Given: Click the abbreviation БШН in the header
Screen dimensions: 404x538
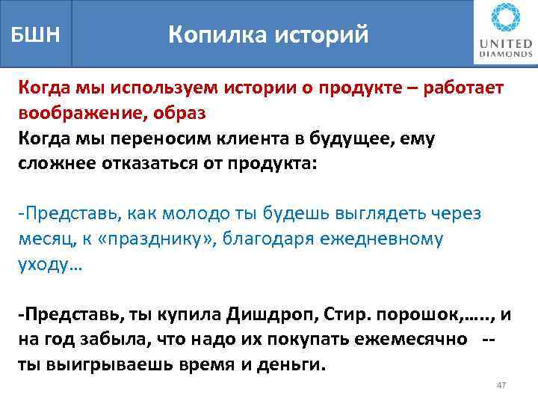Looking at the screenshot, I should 34,34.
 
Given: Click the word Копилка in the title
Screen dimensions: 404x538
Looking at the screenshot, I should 211,34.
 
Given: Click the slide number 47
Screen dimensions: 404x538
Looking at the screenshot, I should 501,385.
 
